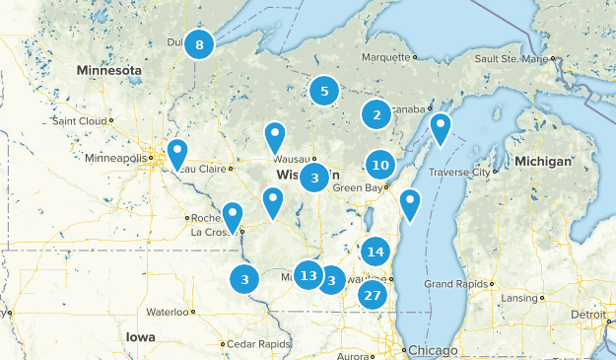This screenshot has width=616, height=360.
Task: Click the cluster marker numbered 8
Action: pyautogui.click(x=199, y=44)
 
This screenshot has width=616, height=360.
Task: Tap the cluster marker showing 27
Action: pyautogui.click(x=372, y=295)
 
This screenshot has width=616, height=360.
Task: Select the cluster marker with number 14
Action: pyautogui.click(x=375, y=252)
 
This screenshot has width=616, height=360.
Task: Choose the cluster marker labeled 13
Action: pyautogui.click(x=308, y=275)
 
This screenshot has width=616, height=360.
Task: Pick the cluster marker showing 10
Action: pyautogui.click(x=380, y=165)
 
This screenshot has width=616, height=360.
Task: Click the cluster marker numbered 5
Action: pyautogui.click(x=323, y=91)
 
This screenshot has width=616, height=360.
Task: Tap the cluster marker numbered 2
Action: pyautogui.click(x=376, y=115)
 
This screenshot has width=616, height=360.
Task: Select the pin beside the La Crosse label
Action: pyautogui.click(x=233, y=214)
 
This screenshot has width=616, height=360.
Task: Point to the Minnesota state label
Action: pyautogui.click(x=109, y=71)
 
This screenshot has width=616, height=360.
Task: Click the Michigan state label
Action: pyautogui.click(x=541, y=161)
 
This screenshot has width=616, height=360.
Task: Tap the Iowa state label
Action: pyautogui.click(x=140, y=335)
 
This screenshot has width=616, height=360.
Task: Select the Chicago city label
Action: pyautogui.click(x=434, y=351)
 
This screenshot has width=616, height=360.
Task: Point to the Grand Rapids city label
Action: pyautogui.click(x=452, y=284)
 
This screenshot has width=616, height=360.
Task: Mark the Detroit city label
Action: pyautogui.click(x=591, y=314)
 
